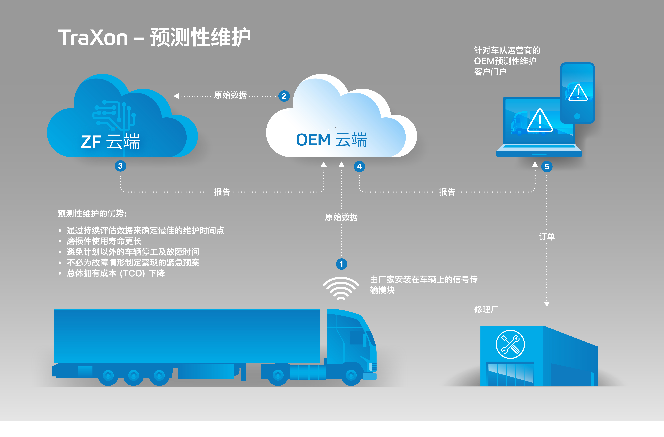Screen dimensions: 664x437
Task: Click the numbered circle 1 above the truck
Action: (341, 264)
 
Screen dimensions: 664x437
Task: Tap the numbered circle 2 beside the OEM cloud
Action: (284, 96)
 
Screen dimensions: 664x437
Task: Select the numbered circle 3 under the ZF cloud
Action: (120, 166)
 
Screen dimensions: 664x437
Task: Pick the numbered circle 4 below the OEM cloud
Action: (359, 167)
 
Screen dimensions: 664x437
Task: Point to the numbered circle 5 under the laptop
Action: (547, 167)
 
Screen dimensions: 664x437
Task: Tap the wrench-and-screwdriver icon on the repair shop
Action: (510, 344)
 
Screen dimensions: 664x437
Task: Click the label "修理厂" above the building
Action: (486, 309)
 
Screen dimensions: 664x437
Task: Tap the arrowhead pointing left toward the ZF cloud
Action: (176, 96)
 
